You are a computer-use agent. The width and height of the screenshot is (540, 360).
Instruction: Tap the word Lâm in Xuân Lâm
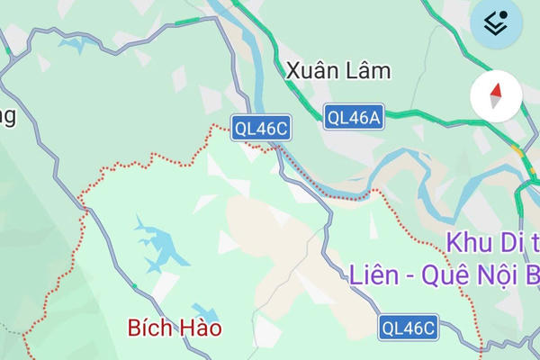(x=367, y=70)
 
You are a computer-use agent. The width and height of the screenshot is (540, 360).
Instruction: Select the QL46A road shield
(x=354, y=116)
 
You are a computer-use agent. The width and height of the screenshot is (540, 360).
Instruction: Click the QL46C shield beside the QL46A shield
(x=260, y=129)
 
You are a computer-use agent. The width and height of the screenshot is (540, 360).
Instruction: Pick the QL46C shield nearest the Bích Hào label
(x=408, y=328)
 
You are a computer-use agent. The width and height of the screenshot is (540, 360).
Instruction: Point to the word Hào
(x=200, y=328)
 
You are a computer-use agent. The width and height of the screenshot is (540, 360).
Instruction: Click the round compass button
(x=495, y=94)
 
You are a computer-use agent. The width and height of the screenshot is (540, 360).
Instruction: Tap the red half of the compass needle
(x=495, y=88)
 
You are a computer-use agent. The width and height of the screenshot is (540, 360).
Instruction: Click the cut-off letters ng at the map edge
(x=7, y=118)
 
